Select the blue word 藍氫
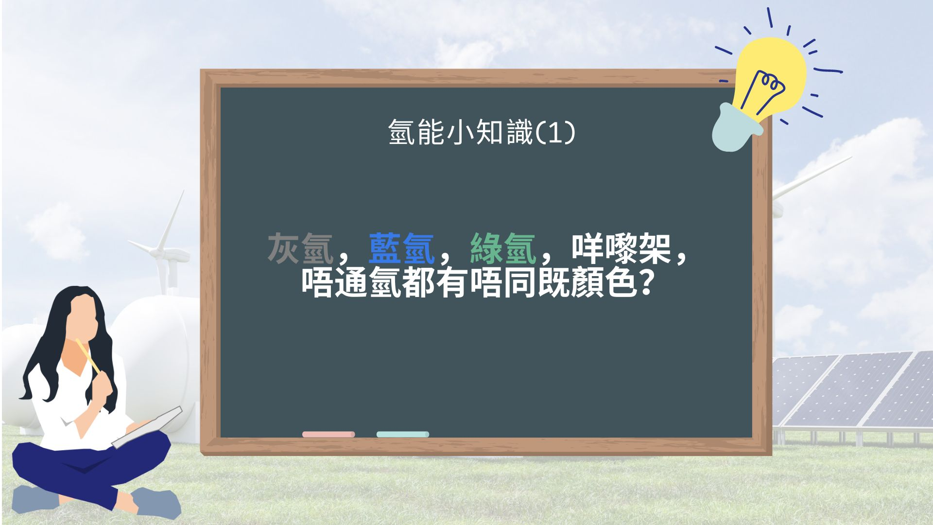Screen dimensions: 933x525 coord(401,249)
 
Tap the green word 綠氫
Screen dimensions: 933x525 coord(502,249)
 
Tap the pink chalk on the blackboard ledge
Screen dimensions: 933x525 coord(328,434)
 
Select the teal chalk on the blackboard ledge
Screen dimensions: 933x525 coord(403,434)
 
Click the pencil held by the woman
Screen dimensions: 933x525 coord(88,356)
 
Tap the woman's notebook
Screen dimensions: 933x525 coord(147,427)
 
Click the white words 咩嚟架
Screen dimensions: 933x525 coord(621,249)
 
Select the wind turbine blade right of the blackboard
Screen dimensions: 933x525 coord(812,177)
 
